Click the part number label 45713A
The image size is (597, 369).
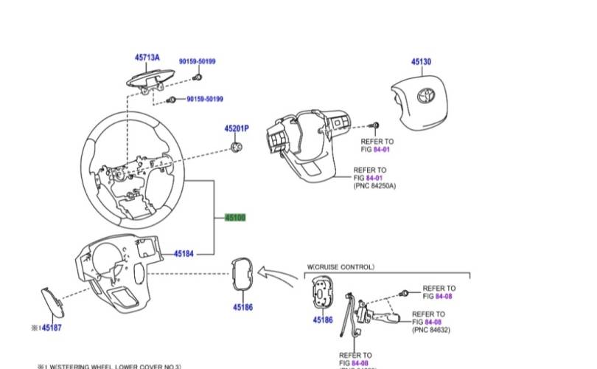147,57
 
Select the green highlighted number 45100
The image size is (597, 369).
235,218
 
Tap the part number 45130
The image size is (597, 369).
421,62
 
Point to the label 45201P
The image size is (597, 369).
237,128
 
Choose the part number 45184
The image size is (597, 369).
184,254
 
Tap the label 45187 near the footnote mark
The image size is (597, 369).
52,327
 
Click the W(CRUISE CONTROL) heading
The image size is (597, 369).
341,266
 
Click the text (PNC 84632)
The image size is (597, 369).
433,330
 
